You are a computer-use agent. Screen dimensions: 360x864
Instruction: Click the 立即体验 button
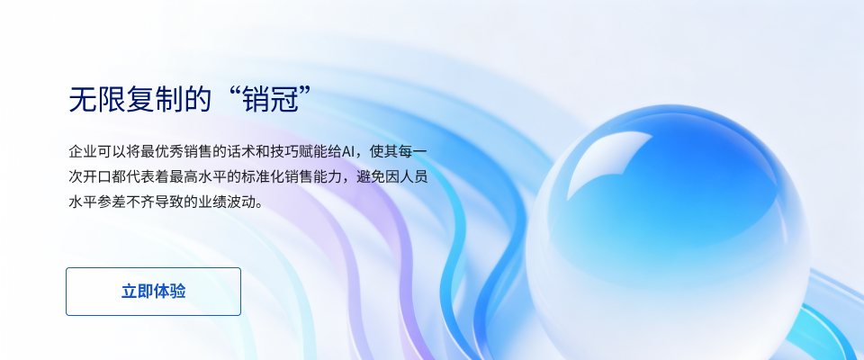[x=153, y=292]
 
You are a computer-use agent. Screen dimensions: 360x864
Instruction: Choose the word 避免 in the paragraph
[x=374, y=175]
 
